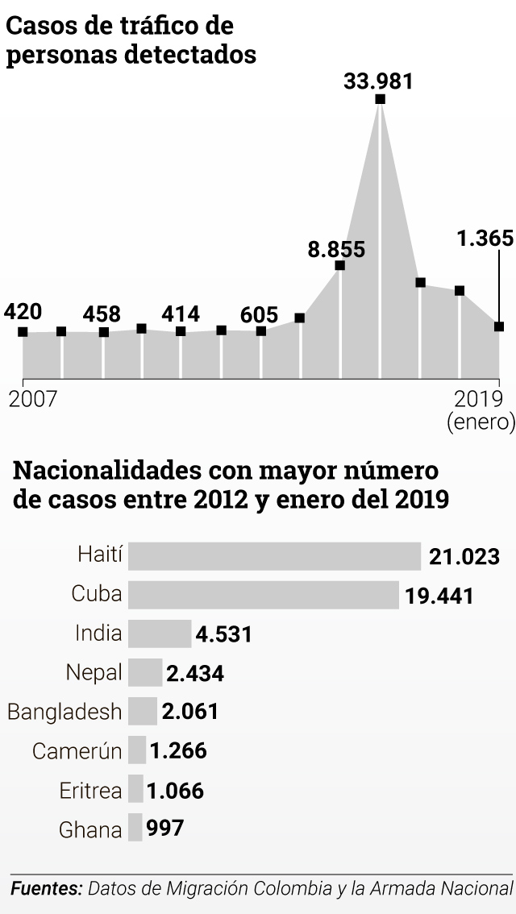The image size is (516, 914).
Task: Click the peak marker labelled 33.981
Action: (x=381, y=99)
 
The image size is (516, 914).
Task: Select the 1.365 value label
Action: (x=484, y=239)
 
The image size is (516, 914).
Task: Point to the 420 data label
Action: (x=23, y=312)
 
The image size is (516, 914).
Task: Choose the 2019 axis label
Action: (x=479, y=398)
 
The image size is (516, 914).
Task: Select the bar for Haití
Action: (x=274, y=556)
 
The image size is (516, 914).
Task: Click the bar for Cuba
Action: (x=264, y=595)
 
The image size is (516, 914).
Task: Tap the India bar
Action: (x=160, y=634)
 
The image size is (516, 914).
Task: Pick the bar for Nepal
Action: (x=145, y=672)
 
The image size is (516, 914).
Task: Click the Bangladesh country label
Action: (x=64, y=712)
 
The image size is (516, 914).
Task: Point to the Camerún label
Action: (x=77, y=751)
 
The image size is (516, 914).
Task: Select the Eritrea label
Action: (x=91, y=791)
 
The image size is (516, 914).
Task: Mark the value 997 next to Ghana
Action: (x=165, y=829)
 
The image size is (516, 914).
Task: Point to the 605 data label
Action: (x=259, y=314)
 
